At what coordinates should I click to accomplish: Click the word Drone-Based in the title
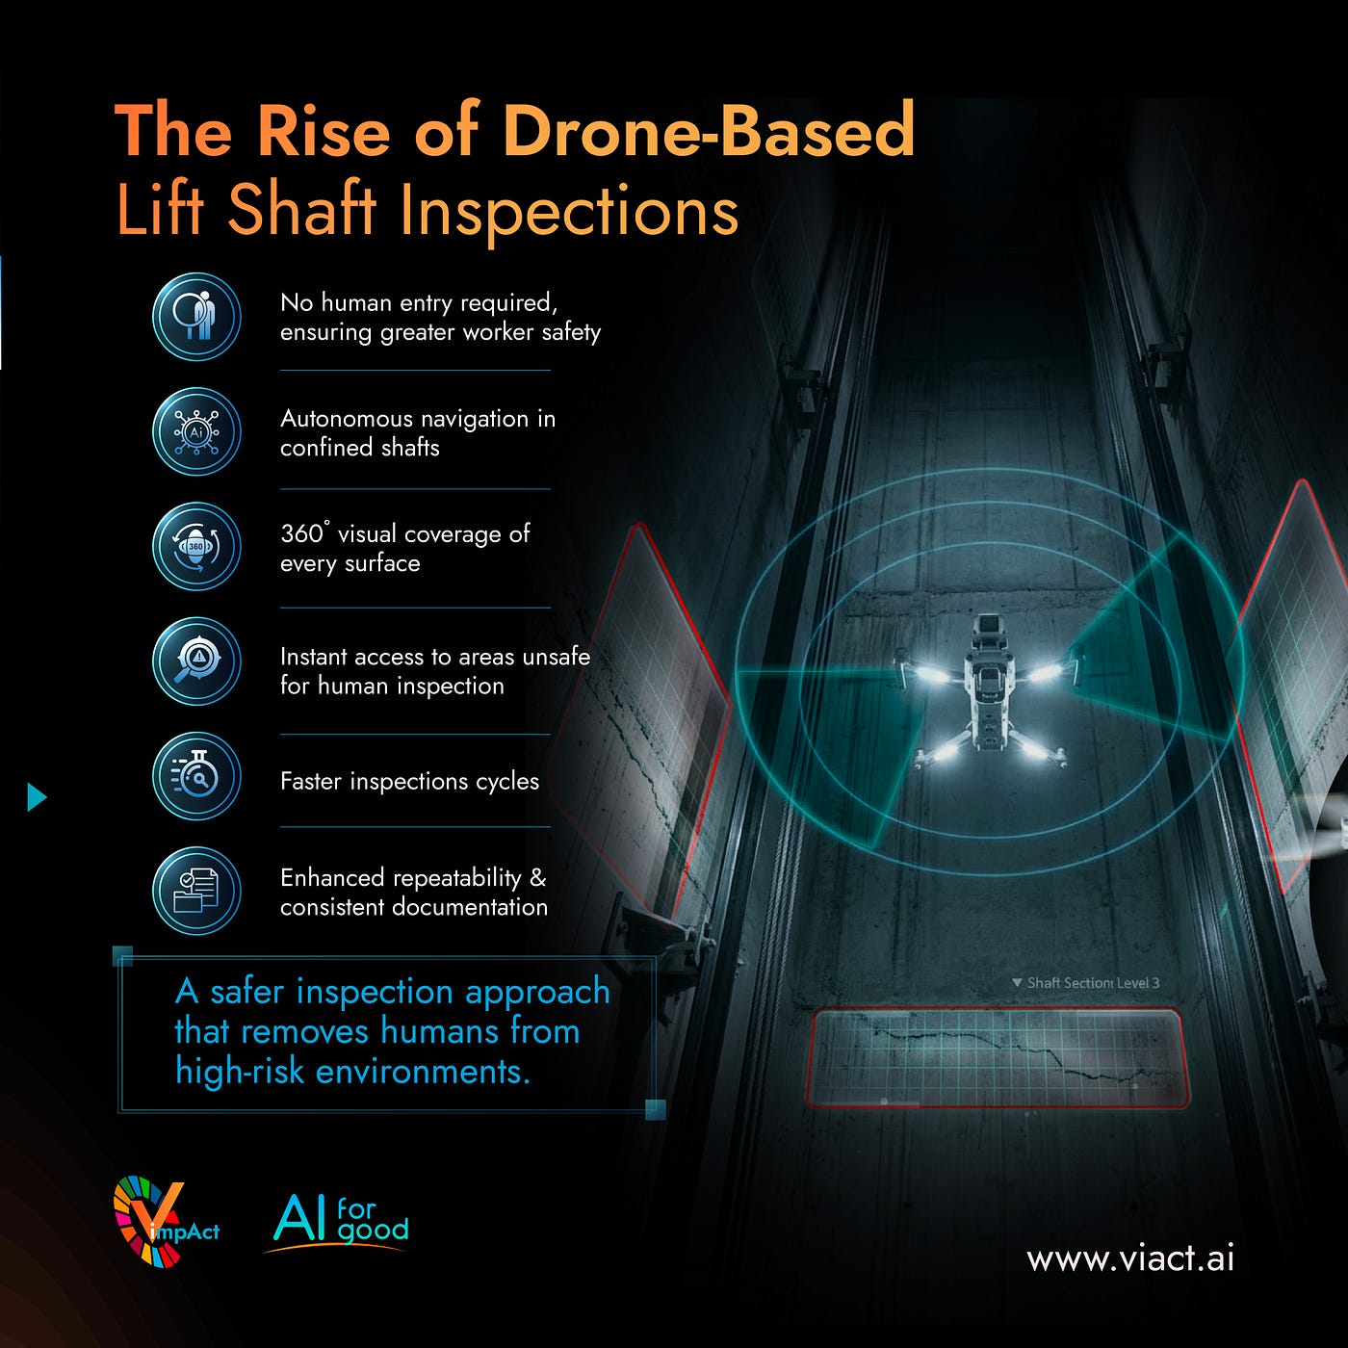[709, 130]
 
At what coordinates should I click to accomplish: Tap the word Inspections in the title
[569, 212]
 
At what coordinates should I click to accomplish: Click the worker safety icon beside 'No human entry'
[196, 317]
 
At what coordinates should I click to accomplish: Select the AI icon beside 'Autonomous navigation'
[196, 431]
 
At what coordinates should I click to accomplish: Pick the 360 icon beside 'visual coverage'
[196, 546]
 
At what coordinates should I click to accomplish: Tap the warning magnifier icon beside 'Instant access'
[196, 661]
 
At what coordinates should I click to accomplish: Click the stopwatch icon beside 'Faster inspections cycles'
[196, 776]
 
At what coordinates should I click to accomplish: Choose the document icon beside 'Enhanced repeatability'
[196, 891]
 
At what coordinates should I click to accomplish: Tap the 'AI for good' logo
[339, 1222]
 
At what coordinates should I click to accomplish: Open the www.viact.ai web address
[1130, 1257]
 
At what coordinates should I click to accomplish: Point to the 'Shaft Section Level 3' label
[1086, 983]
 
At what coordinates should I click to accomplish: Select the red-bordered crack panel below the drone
[997, 1058]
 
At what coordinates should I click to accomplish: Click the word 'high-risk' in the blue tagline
[240, 1071]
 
